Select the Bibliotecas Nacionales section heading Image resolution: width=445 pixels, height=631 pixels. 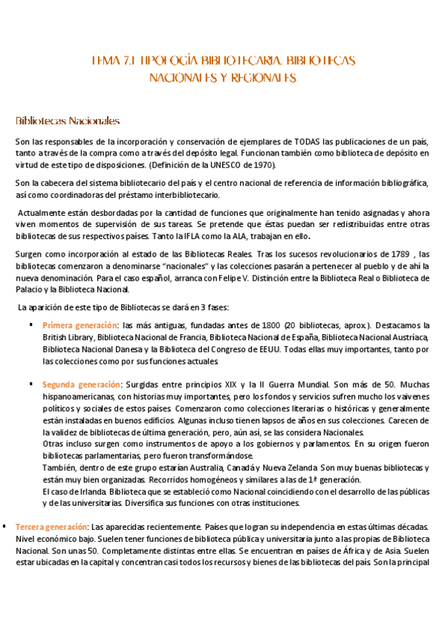(68, 121)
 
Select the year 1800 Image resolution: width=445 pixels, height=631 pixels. (270, 325)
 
